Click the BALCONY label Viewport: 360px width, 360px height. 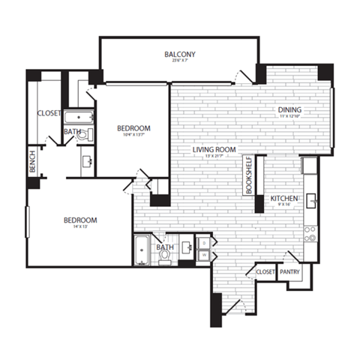(180, 54)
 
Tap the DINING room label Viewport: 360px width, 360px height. (290, 109)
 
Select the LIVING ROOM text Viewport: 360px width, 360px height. (214, 150)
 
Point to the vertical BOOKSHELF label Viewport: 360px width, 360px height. (249, 176)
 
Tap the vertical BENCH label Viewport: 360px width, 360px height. (32, 163)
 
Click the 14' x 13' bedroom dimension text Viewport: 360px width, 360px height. (80, 228)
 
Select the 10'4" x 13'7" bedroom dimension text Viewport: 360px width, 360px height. (134, 136)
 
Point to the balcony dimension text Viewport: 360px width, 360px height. (180, 62)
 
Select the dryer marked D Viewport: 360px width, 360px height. (205, 244)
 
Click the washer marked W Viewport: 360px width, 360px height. (205, 256)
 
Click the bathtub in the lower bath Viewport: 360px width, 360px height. (142, 250)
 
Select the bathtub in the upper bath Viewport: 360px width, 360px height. (78, 118)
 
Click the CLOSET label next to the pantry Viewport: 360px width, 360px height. (265, 271)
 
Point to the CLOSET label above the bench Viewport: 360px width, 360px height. (49, 113)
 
